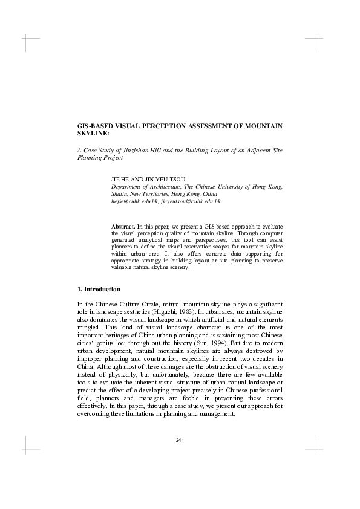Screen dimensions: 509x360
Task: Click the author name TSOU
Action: pyautogui.click(x=177, y=180)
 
